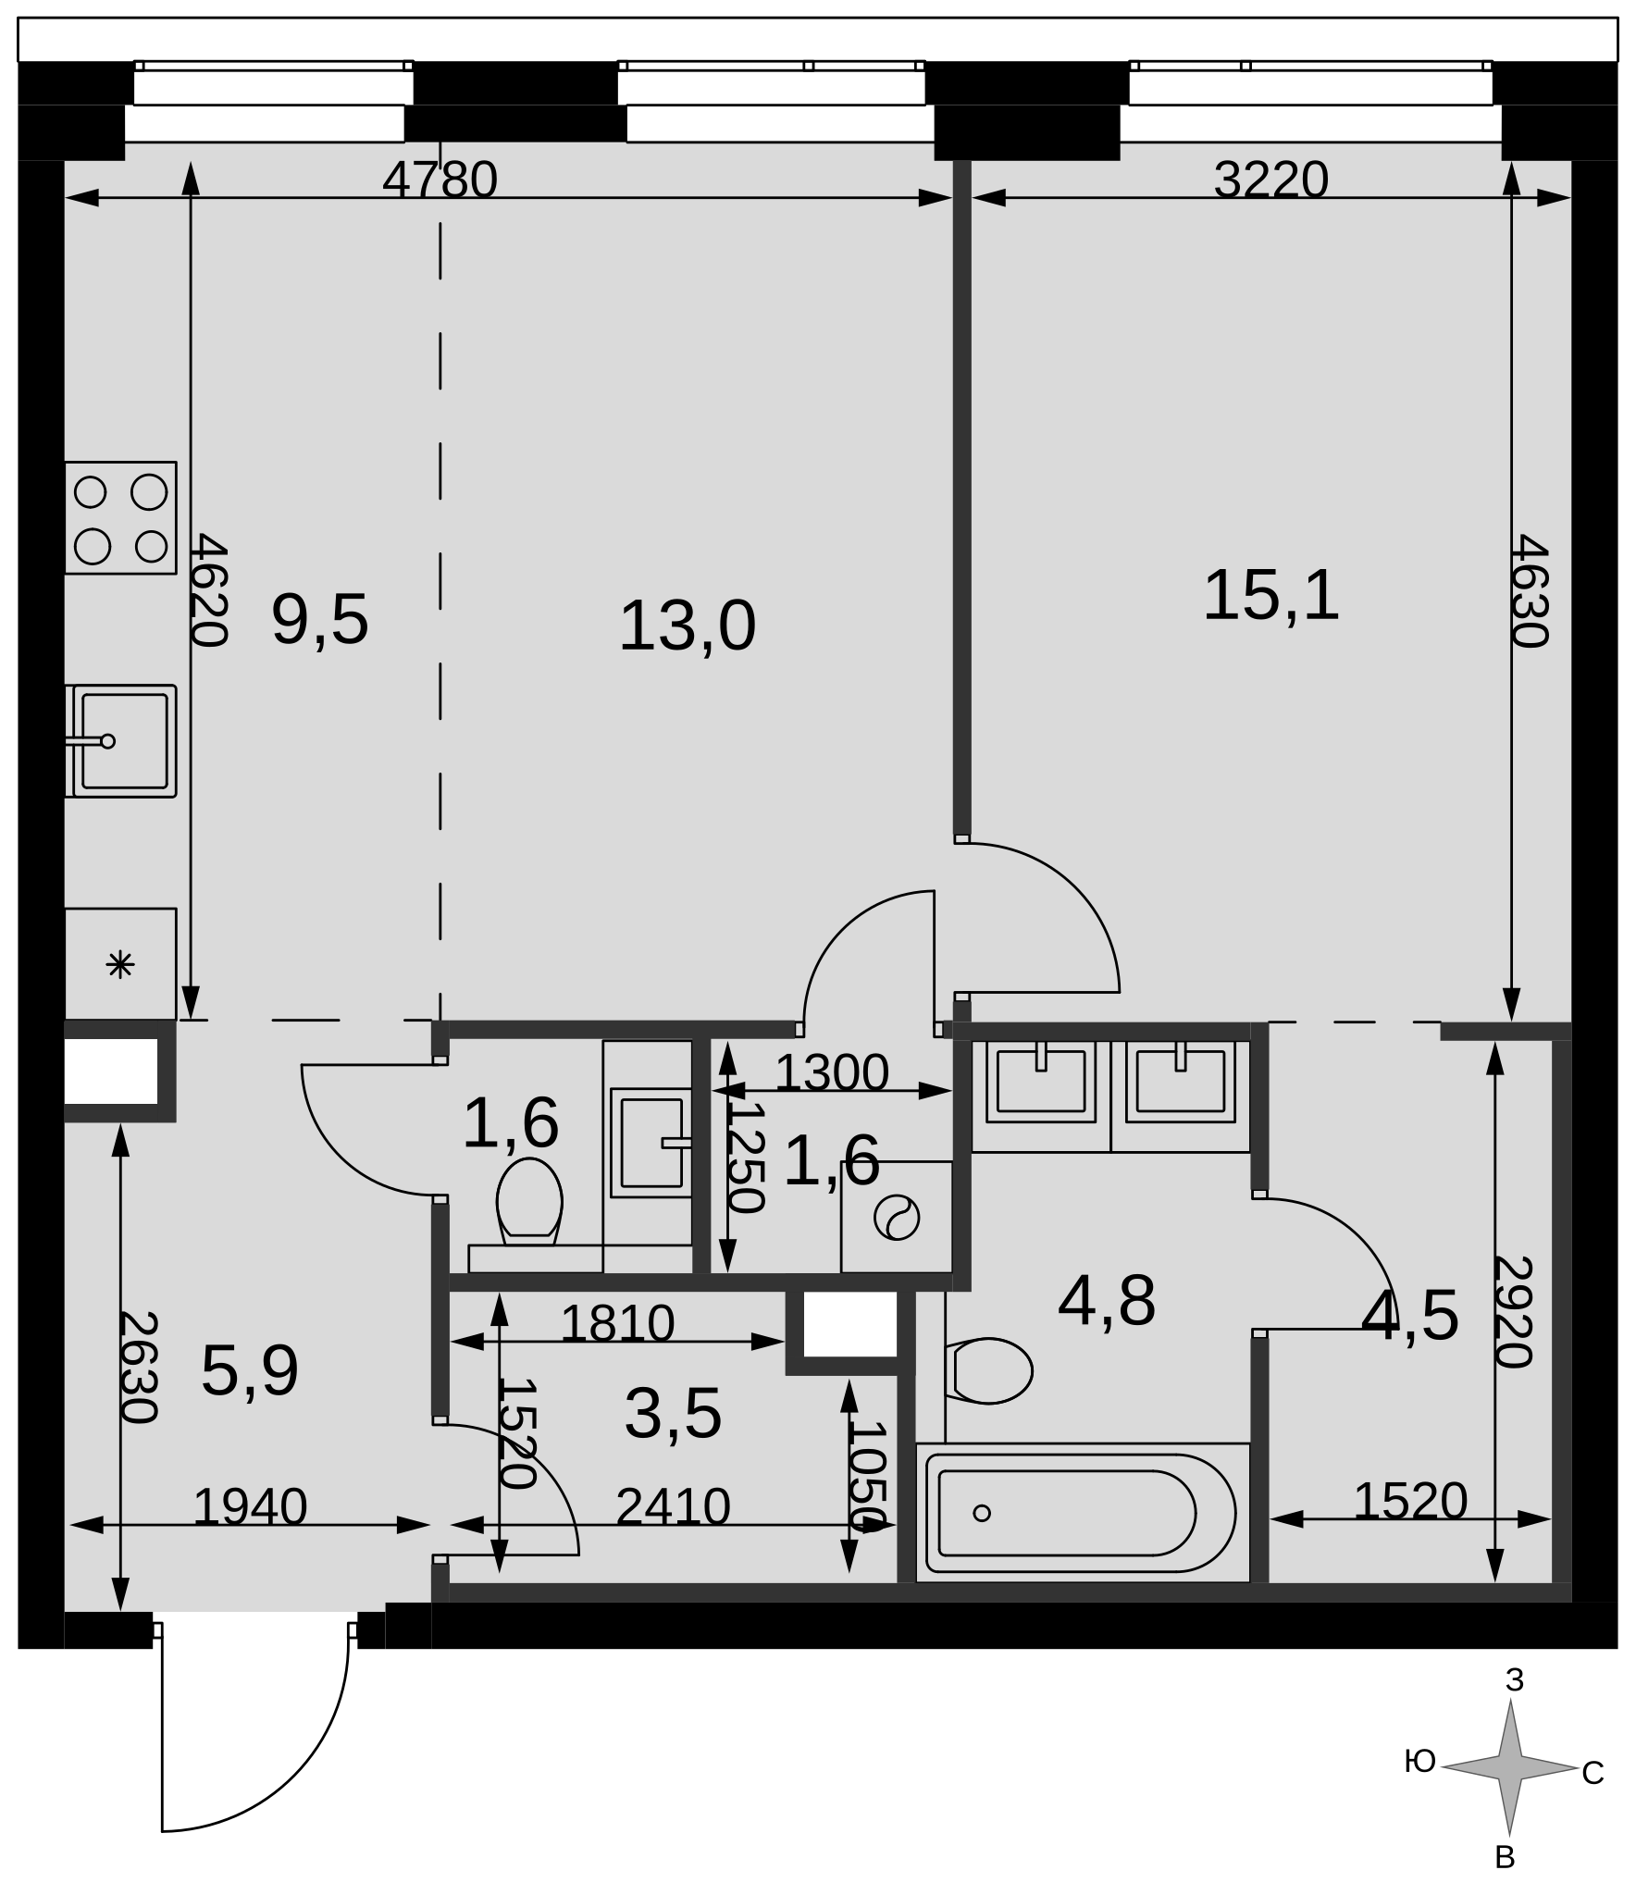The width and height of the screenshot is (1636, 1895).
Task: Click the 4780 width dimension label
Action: pos(440,180)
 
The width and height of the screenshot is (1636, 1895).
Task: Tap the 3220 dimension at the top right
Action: pos(1270,180)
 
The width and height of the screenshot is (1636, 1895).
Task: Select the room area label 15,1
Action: pos(1270,595)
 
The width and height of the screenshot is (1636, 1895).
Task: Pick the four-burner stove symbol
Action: pos(120,517)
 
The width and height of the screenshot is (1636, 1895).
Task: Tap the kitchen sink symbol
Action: pos(120,741)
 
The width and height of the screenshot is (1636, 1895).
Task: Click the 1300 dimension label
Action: pos(831,1073)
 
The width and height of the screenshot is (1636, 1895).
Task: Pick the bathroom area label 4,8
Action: pos(1107,1301)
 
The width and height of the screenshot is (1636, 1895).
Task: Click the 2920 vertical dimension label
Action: pos(1514,1311)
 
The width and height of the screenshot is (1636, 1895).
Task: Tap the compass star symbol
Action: pos(1510,1768)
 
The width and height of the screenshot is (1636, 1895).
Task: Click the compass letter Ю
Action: pos(1419,1762)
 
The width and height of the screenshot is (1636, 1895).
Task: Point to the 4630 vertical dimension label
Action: pos(1529,590)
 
